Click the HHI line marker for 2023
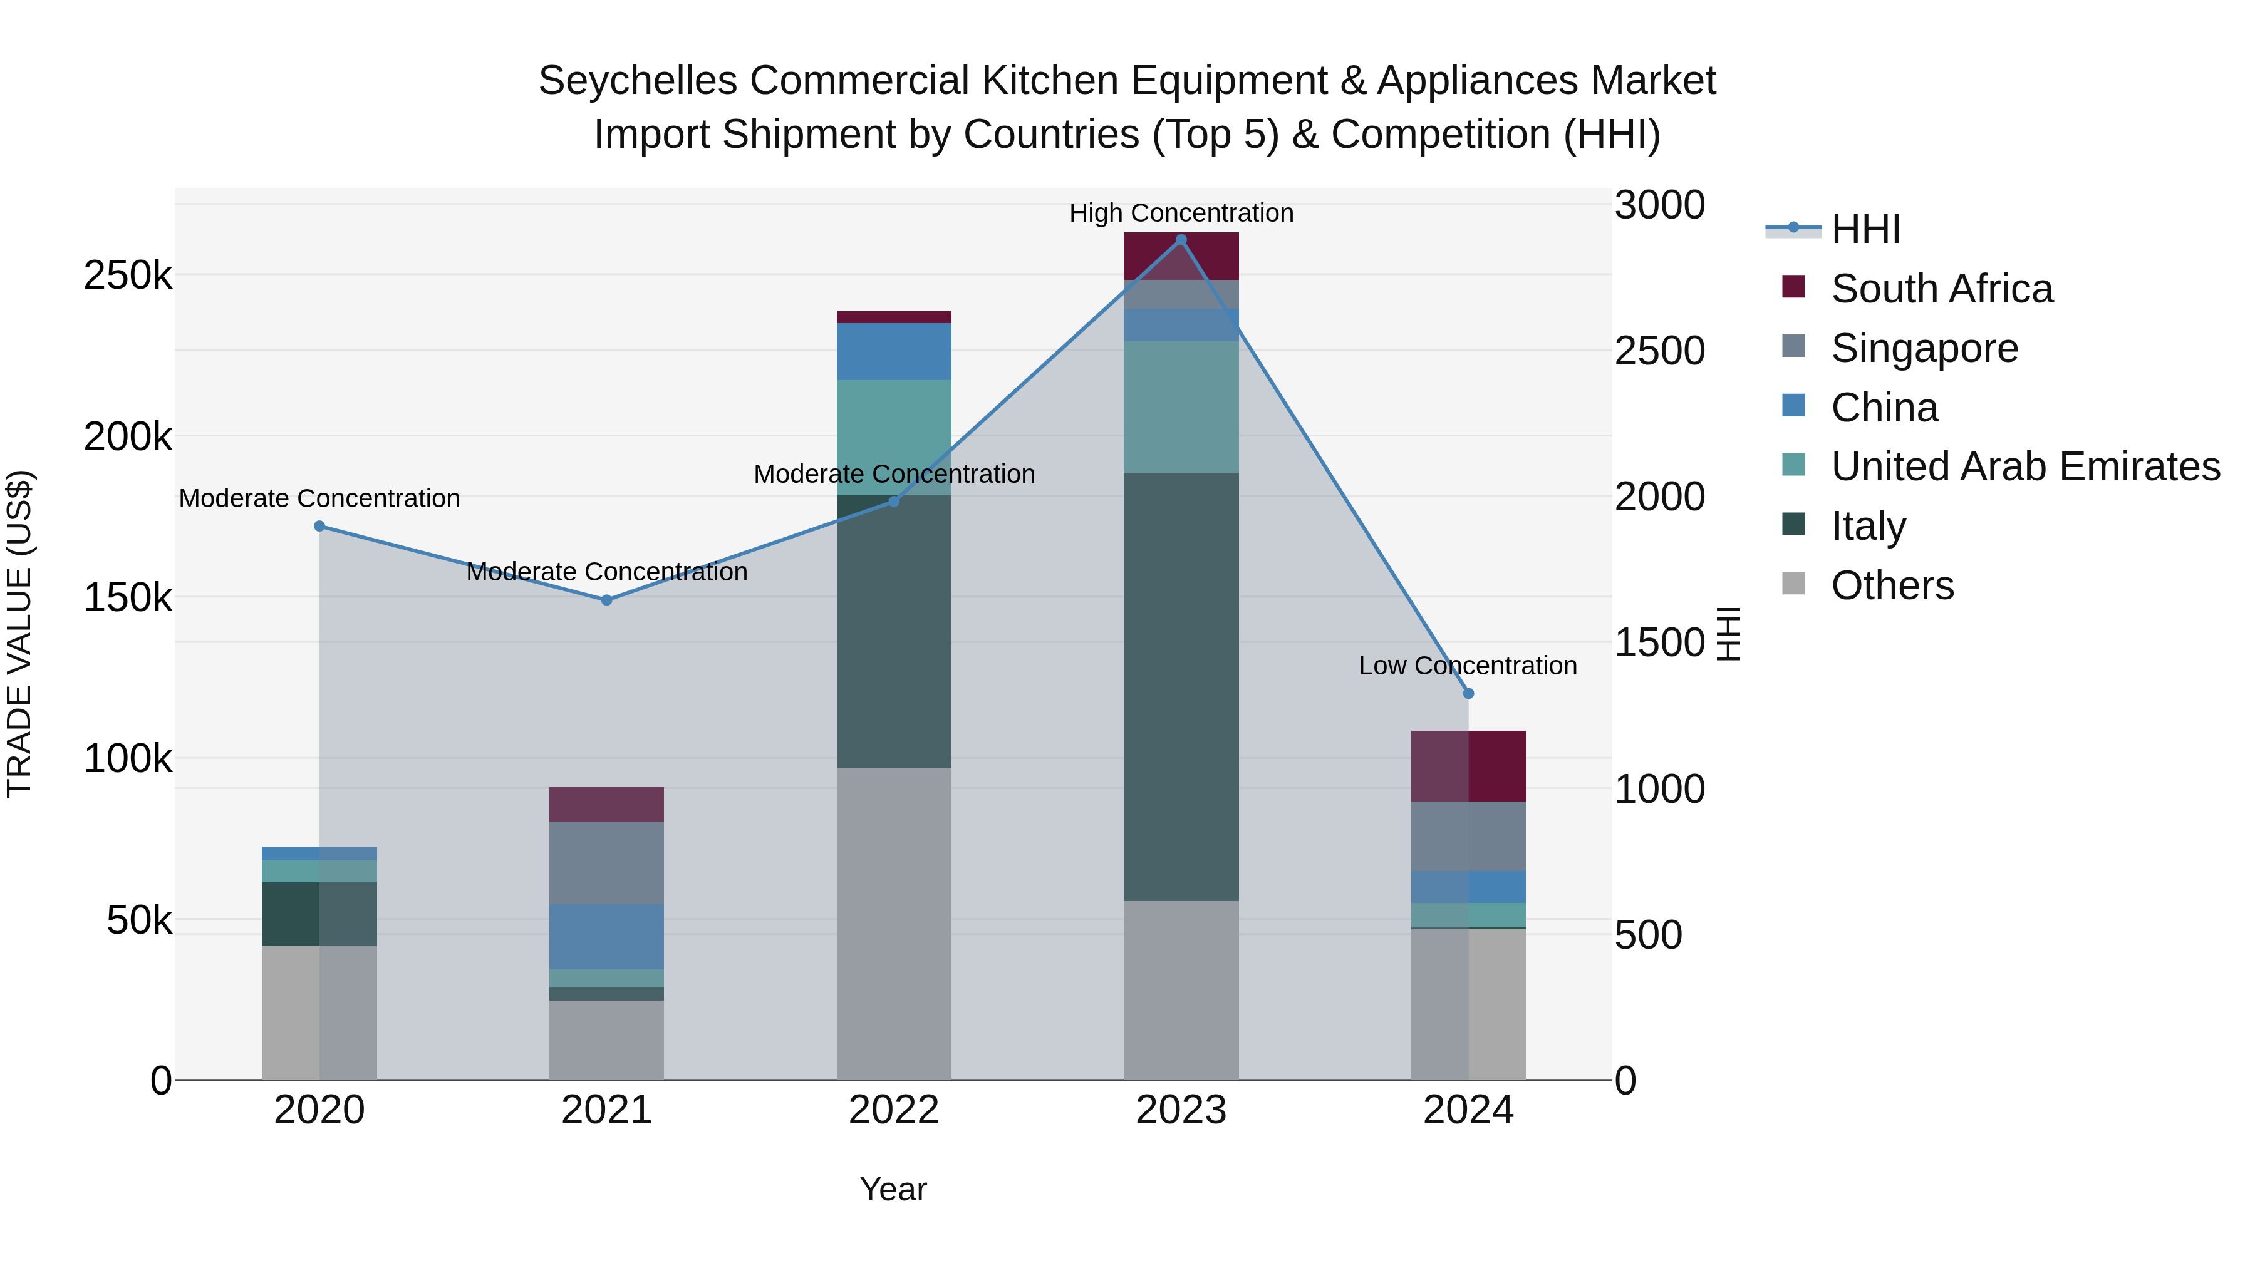[x=1181, y=240]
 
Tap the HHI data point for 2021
[x=606, y=600]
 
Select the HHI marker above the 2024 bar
[x=1469, y=694]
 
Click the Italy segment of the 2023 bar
[x=1181, y=687]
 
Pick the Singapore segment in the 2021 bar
[x=606, y=863]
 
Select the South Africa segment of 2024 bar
[x=1469, y=766]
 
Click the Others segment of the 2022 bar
[x=894, y=923]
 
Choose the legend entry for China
[x=1884, y=408]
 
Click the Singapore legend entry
[x=1924, y=348]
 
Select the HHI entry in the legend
[x=1865, y=229]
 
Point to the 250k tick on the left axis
[x=128, y=276]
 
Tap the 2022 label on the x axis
[x=894, y=1110]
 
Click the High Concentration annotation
[x=1181, y=213]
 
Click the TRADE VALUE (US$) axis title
[x=19, y=634]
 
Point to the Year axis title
[x=893, y=1189]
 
